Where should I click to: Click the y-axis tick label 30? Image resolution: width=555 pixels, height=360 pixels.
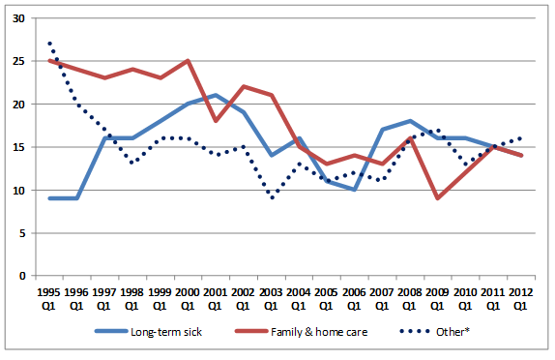coord(19,18)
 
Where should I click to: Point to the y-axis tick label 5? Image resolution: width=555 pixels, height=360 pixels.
coord(22,233)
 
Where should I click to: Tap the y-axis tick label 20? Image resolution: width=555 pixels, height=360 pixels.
coord(19,105)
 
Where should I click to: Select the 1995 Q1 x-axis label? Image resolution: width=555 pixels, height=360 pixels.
coord(49,299)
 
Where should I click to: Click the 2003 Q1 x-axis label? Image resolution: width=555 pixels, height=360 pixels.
coord(271,299)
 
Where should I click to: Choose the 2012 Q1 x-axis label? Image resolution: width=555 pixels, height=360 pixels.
coord(520,299)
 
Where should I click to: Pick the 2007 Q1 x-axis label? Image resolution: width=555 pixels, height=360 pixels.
coord(382,299)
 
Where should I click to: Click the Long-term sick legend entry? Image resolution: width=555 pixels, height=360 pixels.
coord(148,332)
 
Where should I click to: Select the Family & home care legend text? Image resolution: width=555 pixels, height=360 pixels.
coord(319,332)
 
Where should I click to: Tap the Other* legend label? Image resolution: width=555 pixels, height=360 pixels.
coord(453,332)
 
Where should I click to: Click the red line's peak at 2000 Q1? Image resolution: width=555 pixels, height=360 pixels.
coord(188,61)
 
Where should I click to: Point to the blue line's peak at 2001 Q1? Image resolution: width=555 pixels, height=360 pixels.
coord(216,95)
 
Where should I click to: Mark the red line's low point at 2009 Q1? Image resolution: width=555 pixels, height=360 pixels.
coord(438,198)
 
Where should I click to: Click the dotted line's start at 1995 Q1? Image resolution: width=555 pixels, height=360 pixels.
coord(49,44)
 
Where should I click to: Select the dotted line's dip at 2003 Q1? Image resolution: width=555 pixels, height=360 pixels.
coord(272,197)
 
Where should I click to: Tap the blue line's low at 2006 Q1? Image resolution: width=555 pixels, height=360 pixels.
coord(354,190)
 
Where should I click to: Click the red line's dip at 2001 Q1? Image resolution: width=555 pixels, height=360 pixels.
coord(216,121)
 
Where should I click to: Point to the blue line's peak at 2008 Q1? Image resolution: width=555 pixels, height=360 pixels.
coord(410,121)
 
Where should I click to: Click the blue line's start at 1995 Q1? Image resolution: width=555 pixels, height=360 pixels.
coord(49,198)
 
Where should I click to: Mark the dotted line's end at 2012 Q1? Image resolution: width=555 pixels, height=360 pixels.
coord(520,138)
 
